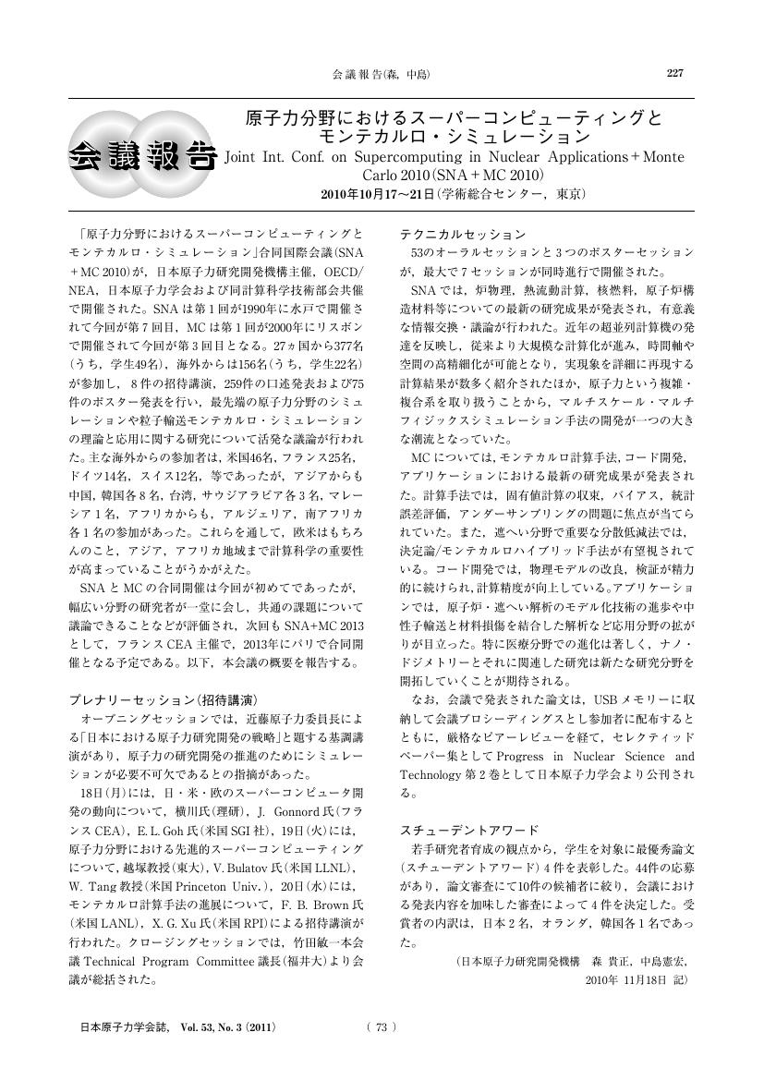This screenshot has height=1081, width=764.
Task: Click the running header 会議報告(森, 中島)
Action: [380, 74]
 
